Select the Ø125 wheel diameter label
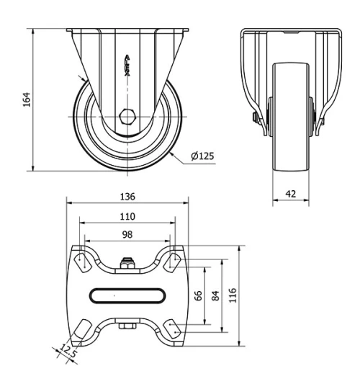(202, 156)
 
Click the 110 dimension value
(127, 215)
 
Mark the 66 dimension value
(199, 295)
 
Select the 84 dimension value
(215, 295)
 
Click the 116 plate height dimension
(232, 295)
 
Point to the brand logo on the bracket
(127, 68)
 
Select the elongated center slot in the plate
(127, 295)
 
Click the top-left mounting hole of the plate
(82, 260)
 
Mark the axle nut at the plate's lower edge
(127, 327)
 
